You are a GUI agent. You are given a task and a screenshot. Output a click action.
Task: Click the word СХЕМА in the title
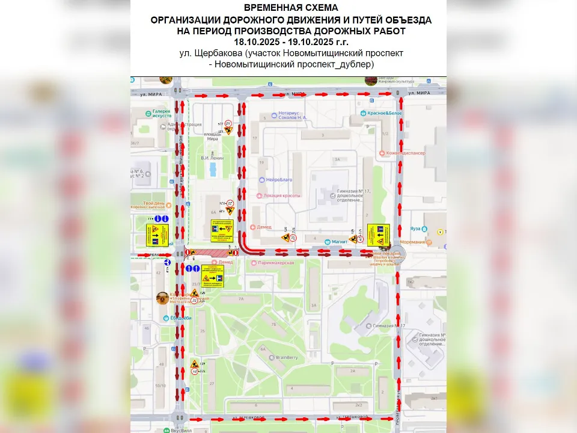317,8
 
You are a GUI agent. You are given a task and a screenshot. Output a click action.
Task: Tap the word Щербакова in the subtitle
236,53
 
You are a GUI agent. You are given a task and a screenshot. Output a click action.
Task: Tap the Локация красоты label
284,195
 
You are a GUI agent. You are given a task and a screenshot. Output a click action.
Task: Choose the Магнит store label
340,242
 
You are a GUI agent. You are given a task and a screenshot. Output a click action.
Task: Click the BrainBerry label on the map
287,357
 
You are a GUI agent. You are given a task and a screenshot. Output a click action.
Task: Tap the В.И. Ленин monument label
212,158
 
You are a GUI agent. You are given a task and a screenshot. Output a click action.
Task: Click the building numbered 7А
240,299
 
